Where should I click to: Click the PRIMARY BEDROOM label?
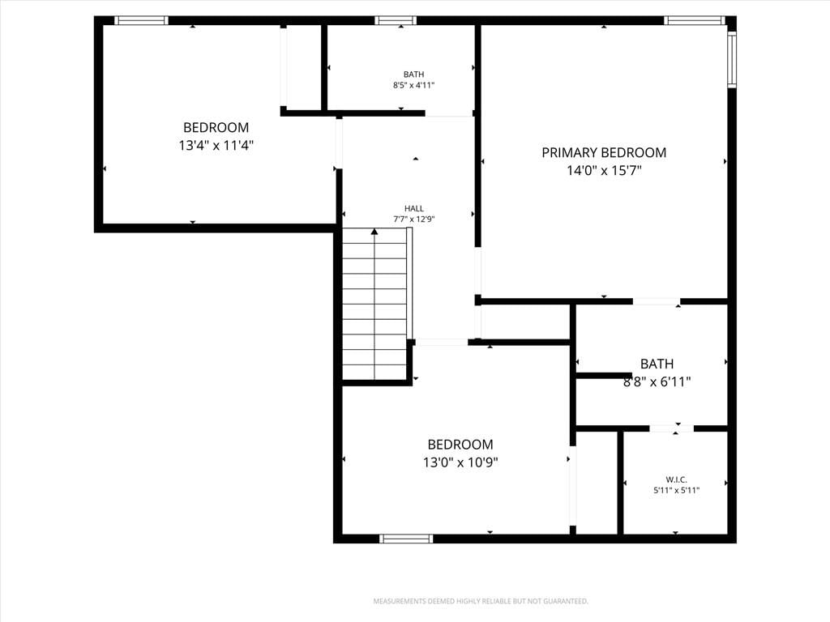[x=604, y=153]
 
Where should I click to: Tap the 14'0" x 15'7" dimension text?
[x=604, y=171]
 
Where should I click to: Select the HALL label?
[x=414, y=209]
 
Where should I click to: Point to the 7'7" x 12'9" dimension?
[x=414, y=219]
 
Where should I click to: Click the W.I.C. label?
[x=677, y=479]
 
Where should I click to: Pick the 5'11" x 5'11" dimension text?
[x=677, y=490]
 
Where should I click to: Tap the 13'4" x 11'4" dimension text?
[x=216, y=146]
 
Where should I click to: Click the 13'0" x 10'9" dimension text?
[x=460, y=462]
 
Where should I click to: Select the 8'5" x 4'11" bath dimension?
[x=414, y=85]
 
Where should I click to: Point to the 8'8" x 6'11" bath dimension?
[x=657, y=382]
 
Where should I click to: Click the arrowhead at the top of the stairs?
[x=374, y=231]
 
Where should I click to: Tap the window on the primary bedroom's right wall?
[x=732, y=59]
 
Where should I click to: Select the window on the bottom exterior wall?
[x=407, y=539]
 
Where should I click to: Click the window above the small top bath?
[x=396, y=20]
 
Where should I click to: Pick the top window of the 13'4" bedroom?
[x=141, y=20]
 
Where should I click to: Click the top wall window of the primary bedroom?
[x=695, y=20]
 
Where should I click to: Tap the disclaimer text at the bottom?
[x=481, y=602]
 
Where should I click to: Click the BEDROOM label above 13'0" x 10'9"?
[x=460, y=445]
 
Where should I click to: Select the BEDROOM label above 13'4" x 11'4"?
[x=216, y=127]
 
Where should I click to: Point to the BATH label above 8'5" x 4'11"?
[x=414, y=75]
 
